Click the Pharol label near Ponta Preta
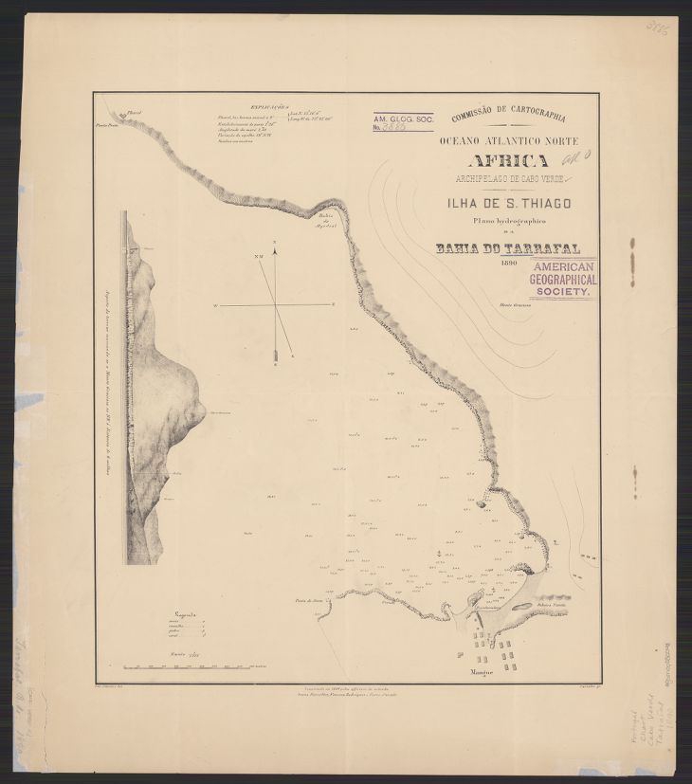[x=134, y=114]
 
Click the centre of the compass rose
[x=276, y=305]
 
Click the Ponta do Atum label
[x=309, y=599]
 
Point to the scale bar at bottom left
[x=189, y=667]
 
